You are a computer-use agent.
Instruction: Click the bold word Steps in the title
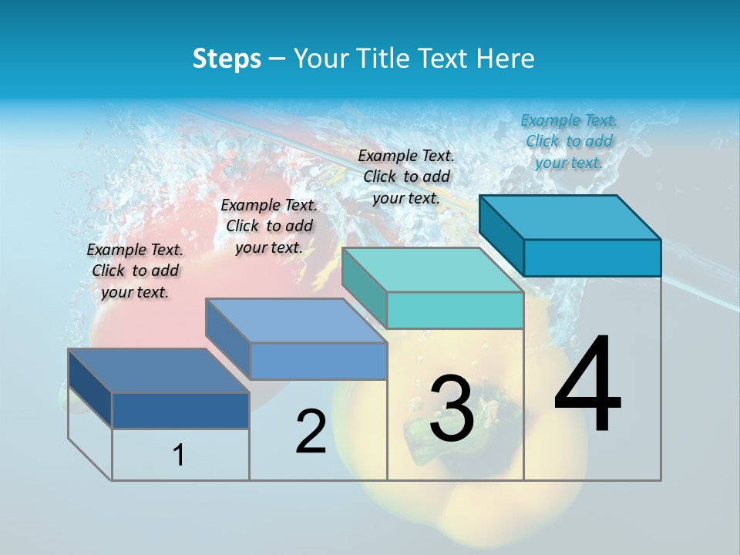pyautogui.click(x=227, y=59)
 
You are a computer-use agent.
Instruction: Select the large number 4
pyautogui.click(x=587, y=385)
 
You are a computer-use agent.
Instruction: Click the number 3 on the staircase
pyautogui.click(x=452, y=409)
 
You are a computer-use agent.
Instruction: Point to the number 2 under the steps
pyautogui.click(x=311, y=432)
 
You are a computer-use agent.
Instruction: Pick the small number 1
pyautogui.click(x=179, y=455)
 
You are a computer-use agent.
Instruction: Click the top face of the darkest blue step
pyautogui.click(x=158, y=371)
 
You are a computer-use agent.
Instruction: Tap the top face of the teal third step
pyautogui.click(x=432, y=270)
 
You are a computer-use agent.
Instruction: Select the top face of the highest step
pyautogui.click(x=570, y=217)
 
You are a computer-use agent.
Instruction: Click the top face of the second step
pyautogui.click(x=296, y=321)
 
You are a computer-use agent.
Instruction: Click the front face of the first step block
pyautogui.click(x=180, y=410)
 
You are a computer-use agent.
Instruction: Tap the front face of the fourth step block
pyautogui.click(x=592, y=257)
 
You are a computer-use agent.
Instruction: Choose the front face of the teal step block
pyautogui.click(x=455, y=310)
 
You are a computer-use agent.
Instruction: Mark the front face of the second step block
pyautogui.click(x=318, y=361)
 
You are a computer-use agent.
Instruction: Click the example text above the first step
pyautogui.click(x=135, y=271)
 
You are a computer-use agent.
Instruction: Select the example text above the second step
pyautogui.click(x=269, y=226)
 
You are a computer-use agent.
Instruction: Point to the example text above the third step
pyautogui.click(x=406, y=177)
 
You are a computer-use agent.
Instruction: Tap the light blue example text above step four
pyautogui.click(x=569, y=141)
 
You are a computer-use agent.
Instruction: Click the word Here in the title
pyautogui.click(x=506, y=59)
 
